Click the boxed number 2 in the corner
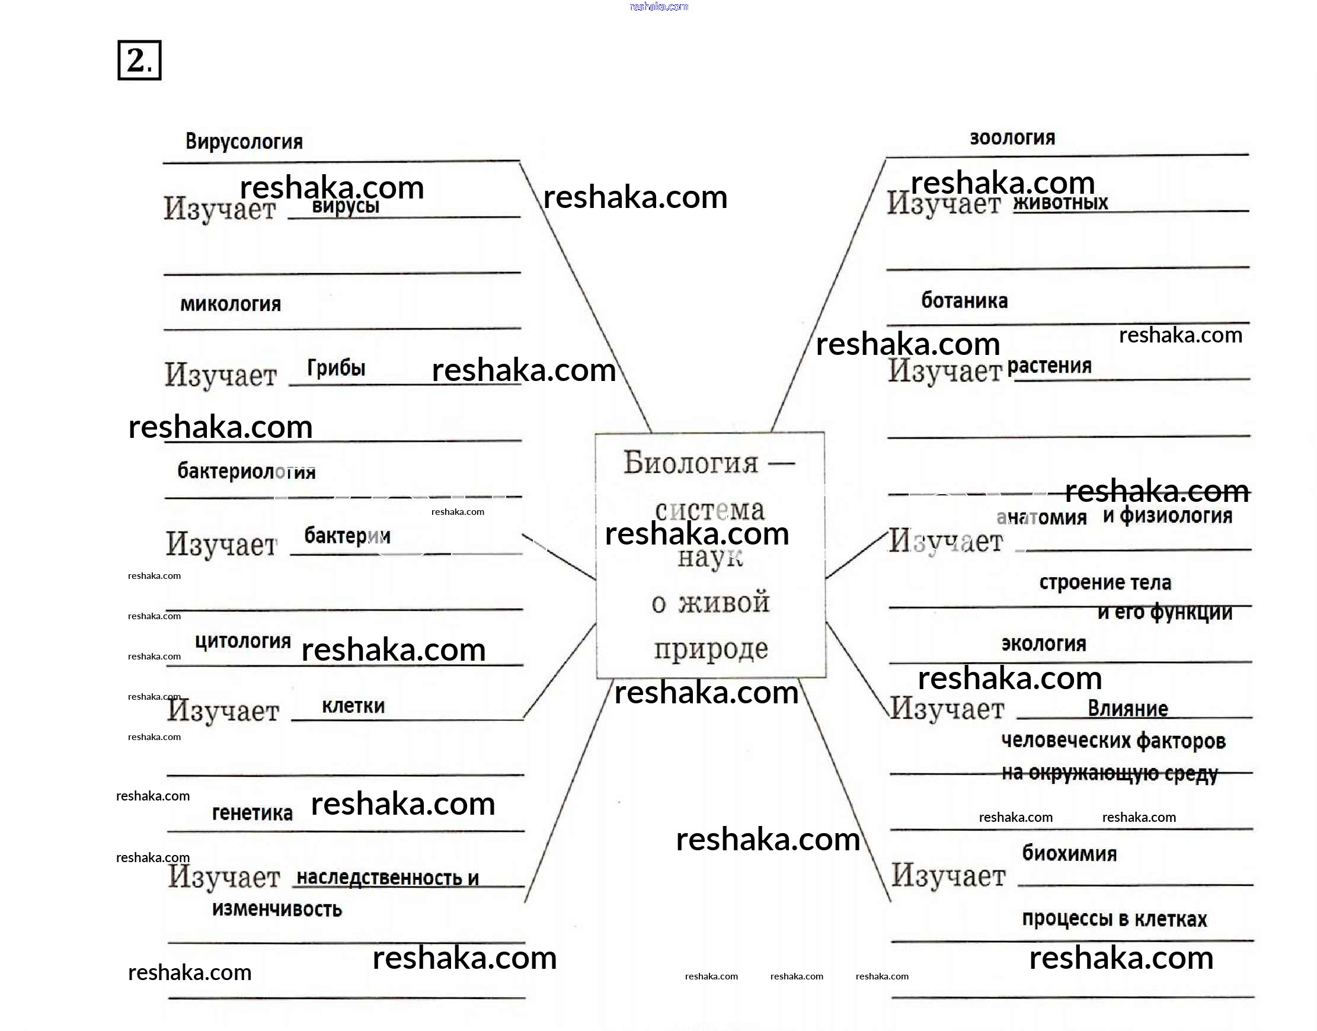139,60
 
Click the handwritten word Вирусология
244,142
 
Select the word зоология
1012,138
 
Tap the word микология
231,304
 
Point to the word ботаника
964,300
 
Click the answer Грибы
336,367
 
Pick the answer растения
1050,366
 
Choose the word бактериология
247,472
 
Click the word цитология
243,641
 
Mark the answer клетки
353,706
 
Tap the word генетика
252,813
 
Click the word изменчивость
277,909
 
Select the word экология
1043,644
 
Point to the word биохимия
1069,853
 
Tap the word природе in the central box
711,649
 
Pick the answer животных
1061,203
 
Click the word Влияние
1127,709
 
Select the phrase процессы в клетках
1114,919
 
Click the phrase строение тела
1105,582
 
